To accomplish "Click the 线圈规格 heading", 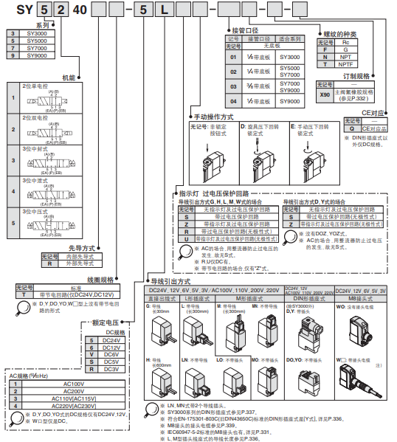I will click(100, 280).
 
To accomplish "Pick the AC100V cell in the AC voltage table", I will click(74, 384).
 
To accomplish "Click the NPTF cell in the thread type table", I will click(346, 64).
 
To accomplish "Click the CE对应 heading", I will click(373, 114).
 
